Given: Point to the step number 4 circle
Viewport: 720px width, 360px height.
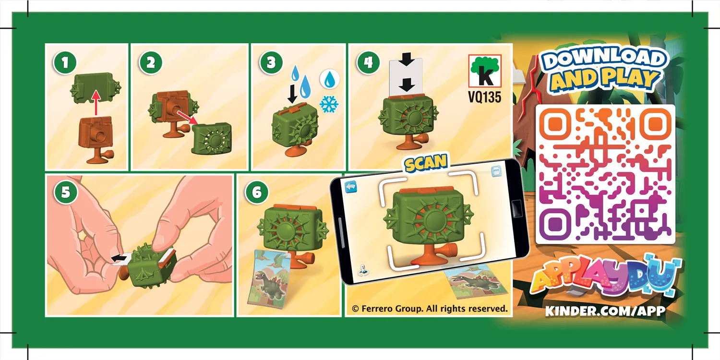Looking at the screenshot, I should pyautogui.click(x=369, y=63).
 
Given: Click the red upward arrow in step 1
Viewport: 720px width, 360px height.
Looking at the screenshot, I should pyautogui.click(x=96, y=101).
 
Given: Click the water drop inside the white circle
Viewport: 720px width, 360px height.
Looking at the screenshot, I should pyautogui.click(x=329, y=79).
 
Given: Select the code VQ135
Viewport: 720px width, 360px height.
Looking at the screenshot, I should pyautogui.click(x=485, y=97).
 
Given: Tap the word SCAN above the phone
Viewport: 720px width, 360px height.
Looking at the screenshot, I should pyautogui.click(x=425, y=163).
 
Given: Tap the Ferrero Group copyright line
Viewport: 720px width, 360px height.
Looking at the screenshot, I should pyautogui.click(x=430, y=309).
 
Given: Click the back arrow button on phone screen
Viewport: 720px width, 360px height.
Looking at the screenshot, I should pyautogui.click(x=352, y=185).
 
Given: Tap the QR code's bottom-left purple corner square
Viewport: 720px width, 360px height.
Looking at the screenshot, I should pyautogui.click(x=556, y=223).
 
